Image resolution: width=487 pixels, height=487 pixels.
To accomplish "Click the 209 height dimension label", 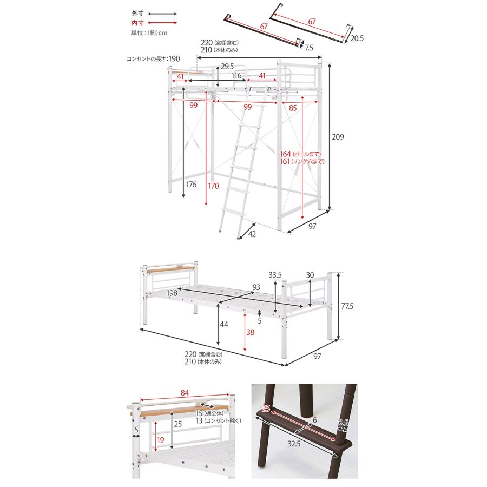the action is click(x=338, y=137).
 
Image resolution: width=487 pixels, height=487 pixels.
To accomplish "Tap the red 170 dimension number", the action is click(x=213, y=186).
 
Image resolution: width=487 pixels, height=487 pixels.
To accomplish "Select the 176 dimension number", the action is click(x=191, y=184).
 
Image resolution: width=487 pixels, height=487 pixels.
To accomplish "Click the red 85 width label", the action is click(x=293, y=108).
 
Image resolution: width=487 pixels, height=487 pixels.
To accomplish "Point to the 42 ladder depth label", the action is click(x=252, y=234).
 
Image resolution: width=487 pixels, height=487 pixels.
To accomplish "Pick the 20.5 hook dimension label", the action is click(x=357, y=38).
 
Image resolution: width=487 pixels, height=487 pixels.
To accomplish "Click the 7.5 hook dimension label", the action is click(x=309, y=48).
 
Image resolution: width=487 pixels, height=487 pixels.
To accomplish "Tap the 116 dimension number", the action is click(x=236, y=75).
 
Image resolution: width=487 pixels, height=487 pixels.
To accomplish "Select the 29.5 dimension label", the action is click(x=227, y=66).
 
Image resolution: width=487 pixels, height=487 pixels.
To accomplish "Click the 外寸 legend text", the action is click(x=137, y=14).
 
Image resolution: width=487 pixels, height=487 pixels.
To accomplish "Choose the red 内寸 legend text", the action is click(x=137, y=23).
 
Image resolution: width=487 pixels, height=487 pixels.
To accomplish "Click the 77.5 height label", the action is click(x=347, y=306).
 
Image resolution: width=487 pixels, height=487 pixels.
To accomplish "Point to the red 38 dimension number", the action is click(x=251, y=332).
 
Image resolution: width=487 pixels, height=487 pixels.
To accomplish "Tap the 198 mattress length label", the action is click(x=172, y=293).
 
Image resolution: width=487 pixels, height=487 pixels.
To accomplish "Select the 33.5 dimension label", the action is click(x=275, y=274).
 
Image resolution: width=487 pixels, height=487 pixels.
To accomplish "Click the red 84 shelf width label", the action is click(x=185, y=393).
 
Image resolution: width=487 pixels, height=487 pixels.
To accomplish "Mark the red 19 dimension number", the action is click(x=160, y=440).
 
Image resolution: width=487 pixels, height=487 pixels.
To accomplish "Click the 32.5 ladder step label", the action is click(x=293, y=444).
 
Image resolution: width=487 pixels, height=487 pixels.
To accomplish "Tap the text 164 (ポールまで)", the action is click(x=300, y=154).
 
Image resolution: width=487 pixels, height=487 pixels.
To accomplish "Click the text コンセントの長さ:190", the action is click(x=153, y=58).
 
